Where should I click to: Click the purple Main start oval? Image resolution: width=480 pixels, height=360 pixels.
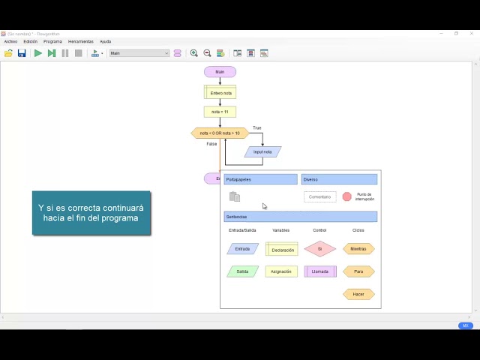point(220,72)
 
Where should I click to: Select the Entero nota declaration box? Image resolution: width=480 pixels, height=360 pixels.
point(220,93)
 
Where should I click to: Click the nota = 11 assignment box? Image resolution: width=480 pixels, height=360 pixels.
point(220,112)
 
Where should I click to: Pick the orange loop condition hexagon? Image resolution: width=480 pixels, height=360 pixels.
point(220,133)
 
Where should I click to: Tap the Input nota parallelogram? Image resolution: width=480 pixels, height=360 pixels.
point(262,151)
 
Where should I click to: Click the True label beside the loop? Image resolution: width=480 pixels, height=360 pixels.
point(257,128)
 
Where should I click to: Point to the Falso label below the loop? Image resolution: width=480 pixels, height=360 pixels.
point(211,143)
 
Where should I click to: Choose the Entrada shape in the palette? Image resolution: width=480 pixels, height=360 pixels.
point(242,249)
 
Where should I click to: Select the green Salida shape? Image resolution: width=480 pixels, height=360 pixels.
point(242,271)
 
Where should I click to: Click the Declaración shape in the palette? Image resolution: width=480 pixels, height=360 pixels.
point(282,249)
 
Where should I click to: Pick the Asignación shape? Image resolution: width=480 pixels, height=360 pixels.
point(281,271)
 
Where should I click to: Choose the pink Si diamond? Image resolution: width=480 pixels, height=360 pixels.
point(319,249)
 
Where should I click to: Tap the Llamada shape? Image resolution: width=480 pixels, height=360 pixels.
point(319,271)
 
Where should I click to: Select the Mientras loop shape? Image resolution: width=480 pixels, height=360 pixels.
point(358,249)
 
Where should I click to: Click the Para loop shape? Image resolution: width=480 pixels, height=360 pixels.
point(358,271)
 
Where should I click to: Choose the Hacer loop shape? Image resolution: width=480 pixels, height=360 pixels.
point(358,294)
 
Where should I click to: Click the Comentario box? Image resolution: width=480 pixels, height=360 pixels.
point(319,196)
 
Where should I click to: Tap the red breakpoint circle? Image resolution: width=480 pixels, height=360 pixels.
point(347,196)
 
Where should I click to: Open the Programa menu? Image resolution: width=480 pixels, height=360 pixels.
point(52,41)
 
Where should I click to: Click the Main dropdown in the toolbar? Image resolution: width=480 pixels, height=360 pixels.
point(139,53)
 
